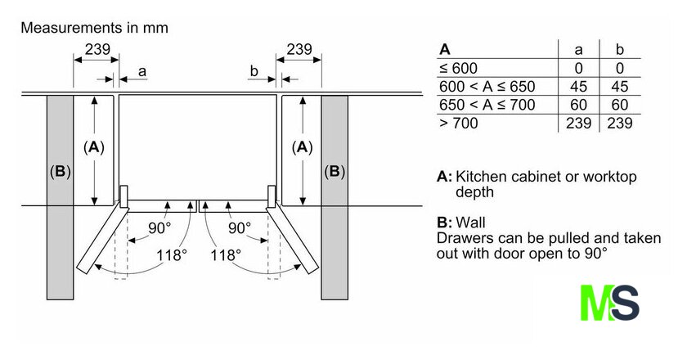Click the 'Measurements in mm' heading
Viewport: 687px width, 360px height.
coord(94,28)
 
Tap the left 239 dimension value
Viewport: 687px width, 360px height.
coord(97,49)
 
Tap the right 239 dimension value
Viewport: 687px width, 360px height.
coord(299,49)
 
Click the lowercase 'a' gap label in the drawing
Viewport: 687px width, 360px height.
coord(142,71)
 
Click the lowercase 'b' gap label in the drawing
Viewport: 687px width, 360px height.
coord(254,70)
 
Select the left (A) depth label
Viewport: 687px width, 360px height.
coord(94,147)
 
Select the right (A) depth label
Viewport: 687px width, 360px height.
coord(303,147)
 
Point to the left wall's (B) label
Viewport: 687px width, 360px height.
coord(60,171)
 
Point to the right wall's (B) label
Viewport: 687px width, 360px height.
coord(335,171)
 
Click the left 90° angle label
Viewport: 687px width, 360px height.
coord(159,228)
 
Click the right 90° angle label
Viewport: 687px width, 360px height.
coord(240,228)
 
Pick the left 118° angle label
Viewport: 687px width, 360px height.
coord(171,254)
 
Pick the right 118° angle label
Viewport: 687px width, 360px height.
coord(226,254)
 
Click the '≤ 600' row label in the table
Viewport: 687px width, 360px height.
coord(458,69)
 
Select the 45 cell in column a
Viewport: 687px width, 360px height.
coord(578,87)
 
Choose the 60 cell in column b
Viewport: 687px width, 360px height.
coord(620,105)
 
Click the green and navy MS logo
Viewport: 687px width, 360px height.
coord(609,303)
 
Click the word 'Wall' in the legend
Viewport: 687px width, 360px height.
coord(470,223)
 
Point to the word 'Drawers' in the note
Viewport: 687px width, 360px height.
coord(465,238)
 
